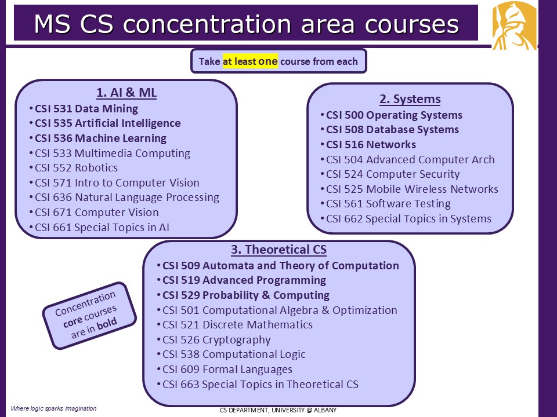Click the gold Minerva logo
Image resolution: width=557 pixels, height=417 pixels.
click(515, 25)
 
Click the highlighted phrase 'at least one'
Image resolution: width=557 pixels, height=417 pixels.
click(250, 61)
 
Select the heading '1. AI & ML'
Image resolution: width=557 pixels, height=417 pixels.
click(126, 93)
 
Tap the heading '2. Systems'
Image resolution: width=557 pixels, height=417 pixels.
click(410, 99)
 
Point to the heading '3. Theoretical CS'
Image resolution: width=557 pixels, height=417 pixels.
click(279, 250)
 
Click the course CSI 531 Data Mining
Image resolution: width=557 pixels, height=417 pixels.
click(86, 108)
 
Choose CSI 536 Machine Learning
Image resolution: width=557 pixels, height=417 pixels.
click(100, 138)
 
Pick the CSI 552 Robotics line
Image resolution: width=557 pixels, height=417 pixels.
click(76, 168)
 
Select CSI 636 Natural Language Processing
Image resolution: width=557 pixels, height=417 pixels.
click(127, 197)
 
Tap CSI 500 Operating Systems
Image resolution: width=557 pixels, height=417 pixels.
click(394, 115)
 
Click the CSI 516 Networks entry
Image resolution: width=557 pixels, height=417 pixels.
click(371, 145)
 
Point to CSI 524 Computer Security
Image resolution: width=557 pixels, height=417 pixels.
click(393, 174)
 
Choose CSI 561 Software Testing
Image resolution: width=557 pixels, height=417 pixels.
click(388, 204)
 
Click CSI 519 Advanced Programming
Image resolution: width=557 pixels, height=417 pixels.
click(244, 280)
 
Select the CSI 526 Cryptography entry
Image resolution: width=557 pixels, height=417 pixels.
click(216, 340)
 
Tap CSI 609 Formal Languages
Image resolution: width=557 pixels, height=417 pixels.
click(227, 370)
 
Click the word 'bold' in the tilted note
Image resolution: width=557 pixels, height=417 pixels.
click(107, 324)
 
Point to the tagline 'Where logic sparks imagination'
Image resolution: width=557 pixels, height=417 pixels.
click(53, 408)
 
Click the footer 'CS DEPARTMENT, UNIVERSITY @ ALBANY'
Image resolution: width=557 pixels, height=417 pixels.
click(278, 410)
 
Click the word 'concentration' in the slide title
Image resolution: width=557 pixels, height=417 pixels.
click(208, 24)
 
